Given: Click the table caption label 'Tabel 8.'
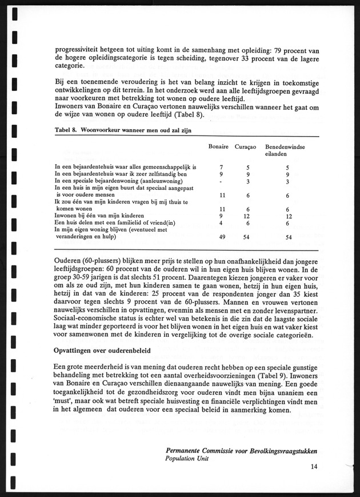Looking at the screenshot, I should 66,130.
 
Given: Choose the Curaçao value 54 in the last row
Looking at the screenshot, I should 246,237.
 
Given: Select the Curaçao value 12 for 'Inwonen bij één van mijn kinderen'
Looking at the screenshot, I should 246,216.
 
